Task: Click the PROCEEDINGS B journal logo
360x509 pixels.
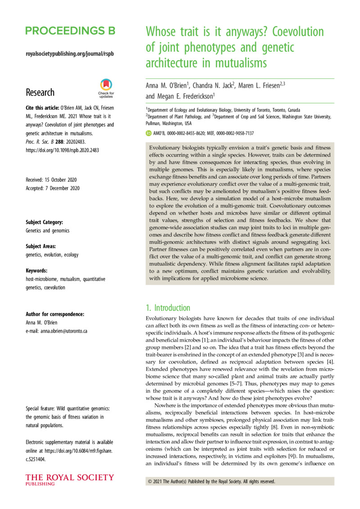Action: coord(70,31)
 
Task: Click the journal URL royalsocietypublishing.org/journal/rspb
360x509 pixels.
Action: coord(70,54)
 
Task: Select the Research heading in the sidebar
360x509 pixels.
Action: coord(40,92)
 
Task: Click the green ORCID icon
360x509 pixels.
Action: coord(148,133)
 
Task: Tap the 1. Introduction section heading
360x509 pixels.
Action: coord(168,308)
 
